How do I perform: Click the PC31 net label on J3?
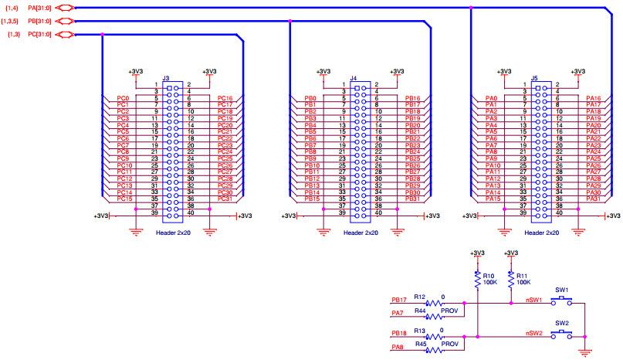pyautogui.click(x=225, y=199)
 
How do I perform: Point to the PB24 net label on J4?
pyautogui.click(x=412, y=151)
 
